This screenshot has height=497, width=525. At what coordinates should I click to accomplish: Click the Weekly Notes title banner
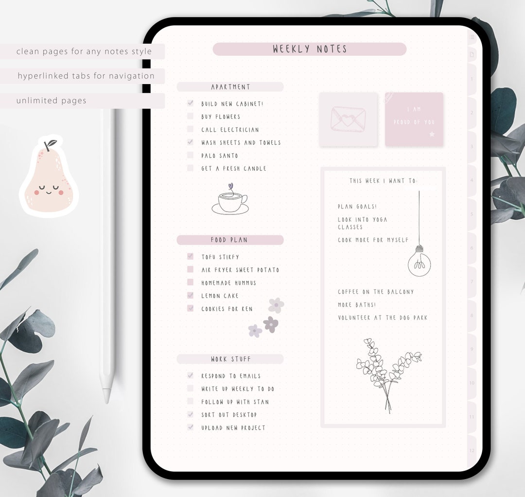(x=310, y=49)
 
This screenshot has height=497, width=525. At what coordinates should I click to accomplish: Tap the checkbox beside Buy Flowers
(x=190, y=117)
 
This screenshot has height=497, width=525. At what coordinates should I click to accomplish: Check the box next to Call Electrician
(x=190, y=129)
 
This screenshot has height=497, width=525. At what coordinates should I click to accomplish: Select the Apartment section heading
(x=230, y=87)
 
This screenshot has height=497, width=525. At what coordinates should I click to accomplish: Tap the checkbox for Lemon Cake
(x=190, y=296)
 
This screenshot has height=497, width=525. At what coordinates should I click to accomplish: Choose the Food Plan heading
(x=230, y=240)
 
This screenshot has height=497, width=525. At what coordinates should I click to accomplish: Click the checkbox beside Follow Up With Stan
(x=190, y=402)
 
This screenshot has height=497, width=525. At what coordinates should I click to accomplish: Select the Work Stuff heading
(x=230, y=359)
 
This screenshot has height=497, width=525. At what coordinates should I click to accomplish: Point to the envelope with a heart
(x=348, y=119)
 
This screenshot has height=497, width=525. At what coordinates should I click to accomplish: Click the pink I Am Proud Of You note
(x=414, y=119)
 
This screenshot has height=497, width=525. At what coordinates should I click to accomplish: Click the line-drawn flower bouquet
(x=387, y=372)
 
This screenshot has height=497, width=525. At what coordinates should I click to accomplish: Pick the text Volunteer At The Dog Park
(x=383, y=318)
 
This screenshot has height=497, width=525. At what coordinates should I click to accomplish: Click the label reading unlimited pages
(x=52, y=101)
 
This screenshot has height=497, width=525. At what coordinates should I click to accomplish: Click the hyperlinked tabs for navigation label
(x=86, y=76)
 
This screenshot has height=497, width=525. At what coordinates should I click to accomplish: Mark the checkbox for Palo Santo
(x=190, y=156)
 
